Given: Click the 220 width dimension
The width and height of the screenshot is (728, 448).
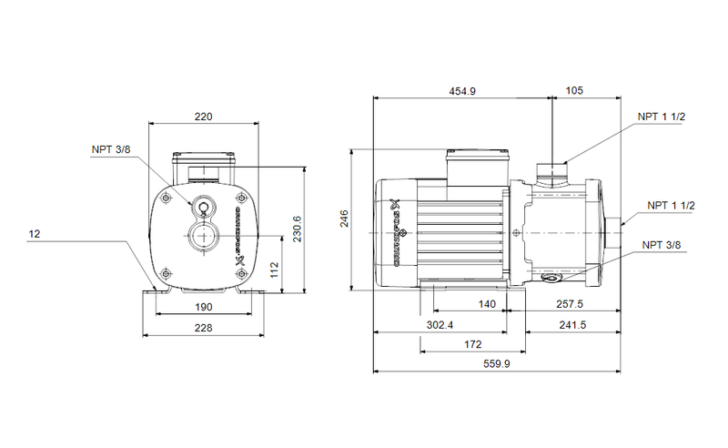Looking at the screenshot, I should [203, 117].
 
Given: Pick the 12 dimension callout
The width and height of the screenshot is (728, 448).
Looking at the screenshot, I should [35, 234].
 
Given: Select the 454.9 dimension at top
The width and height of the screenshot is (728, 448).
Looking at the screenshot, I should [462, 90].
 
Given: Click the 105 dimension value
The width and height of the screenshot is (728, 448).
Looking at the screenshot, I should [574, 90].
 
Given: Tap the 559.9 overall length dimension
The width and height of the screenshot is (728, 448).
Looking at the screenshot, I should [496, 364].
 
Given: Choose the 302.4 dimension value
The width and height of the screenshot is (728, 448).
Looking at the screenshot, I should [440, 324].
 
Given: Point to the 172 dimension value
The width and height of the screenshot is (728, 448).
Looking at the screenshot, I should [471, 344].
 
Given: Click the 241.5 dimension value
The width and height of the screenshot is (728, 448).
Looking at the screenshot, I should [571, 324].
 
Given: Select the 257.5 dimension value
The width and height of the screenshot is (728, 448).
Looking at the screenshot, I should [571, 304].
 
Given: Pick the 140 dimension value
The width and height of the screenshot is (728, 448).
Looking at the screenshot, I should [488, 304].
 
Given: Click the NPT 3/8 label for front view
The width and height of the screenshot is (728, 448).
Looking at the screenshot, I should [111, 149].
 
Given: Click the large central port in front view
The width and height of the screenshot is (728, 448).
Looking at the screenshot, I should [202, 240].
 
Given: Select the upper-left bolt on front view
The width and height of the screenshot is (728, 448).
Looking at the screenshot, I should [166, 198].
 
